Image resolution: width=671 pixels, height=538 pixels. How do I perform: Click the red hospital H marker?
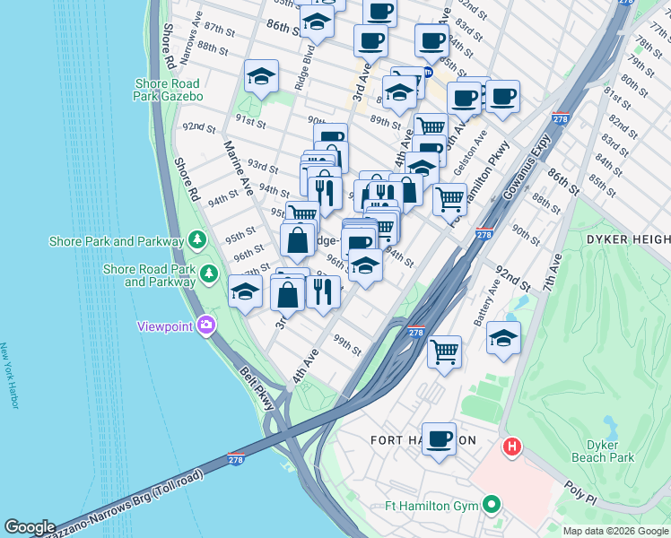point(511,446)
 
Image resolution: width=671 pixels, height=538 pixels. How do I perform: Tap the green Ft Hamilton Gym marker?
point(491,505)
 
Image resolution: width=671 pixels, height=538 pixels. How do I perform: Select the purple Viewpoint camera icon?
point(207,325)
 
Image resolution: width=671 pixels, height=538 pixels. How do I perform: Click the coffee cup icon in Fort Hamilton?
point(439,439)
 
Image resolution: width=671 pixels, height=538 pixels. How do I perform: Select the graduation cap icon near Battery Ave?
point(504,338)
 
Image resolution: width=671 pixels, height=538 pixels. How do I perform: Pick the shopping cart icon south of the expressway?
point(444,351)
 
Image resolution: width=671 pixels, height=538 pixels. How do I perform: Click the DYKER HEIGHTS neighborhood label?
point(628,239)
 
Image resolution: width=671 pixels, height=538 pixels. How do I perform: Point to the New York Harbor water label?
point(10,376)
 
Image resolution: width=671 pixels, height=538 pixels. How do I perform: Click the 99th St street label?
point(347,343)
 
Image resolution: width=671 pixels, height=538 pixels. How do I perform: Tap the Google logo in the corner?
point(30,527)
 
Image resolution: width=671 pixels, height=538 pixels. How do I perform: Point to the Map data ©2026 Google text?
point(614,531)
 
